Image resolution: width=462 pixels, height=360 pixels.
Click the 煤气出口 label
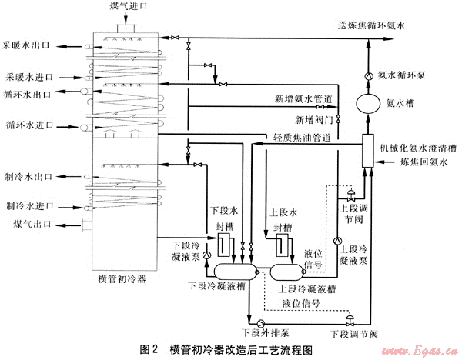click(32, 224)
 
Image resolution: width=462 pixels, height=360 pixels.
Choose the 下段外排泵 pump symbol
click(260, 322)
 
